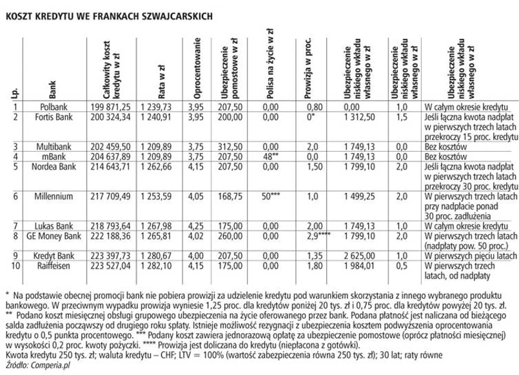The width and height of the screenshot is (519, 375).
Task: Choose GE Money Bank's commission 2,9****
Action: (317, 237)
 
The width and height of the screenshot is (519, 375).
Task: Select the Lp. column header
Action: (14, 91)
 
